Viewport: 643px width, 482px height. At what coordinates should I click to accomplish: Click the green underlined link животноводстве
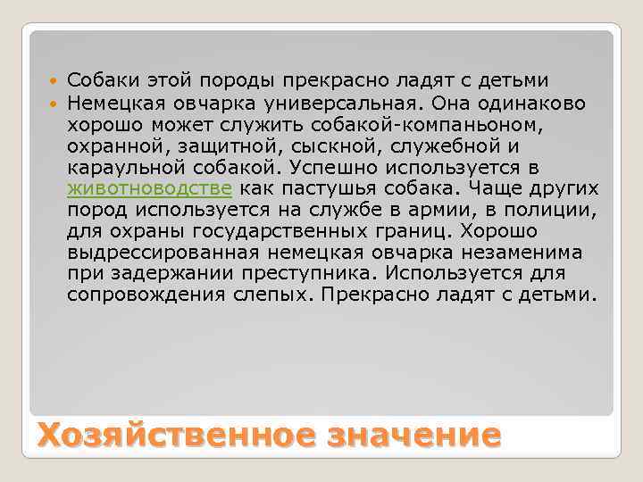(x=150, y=188)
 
